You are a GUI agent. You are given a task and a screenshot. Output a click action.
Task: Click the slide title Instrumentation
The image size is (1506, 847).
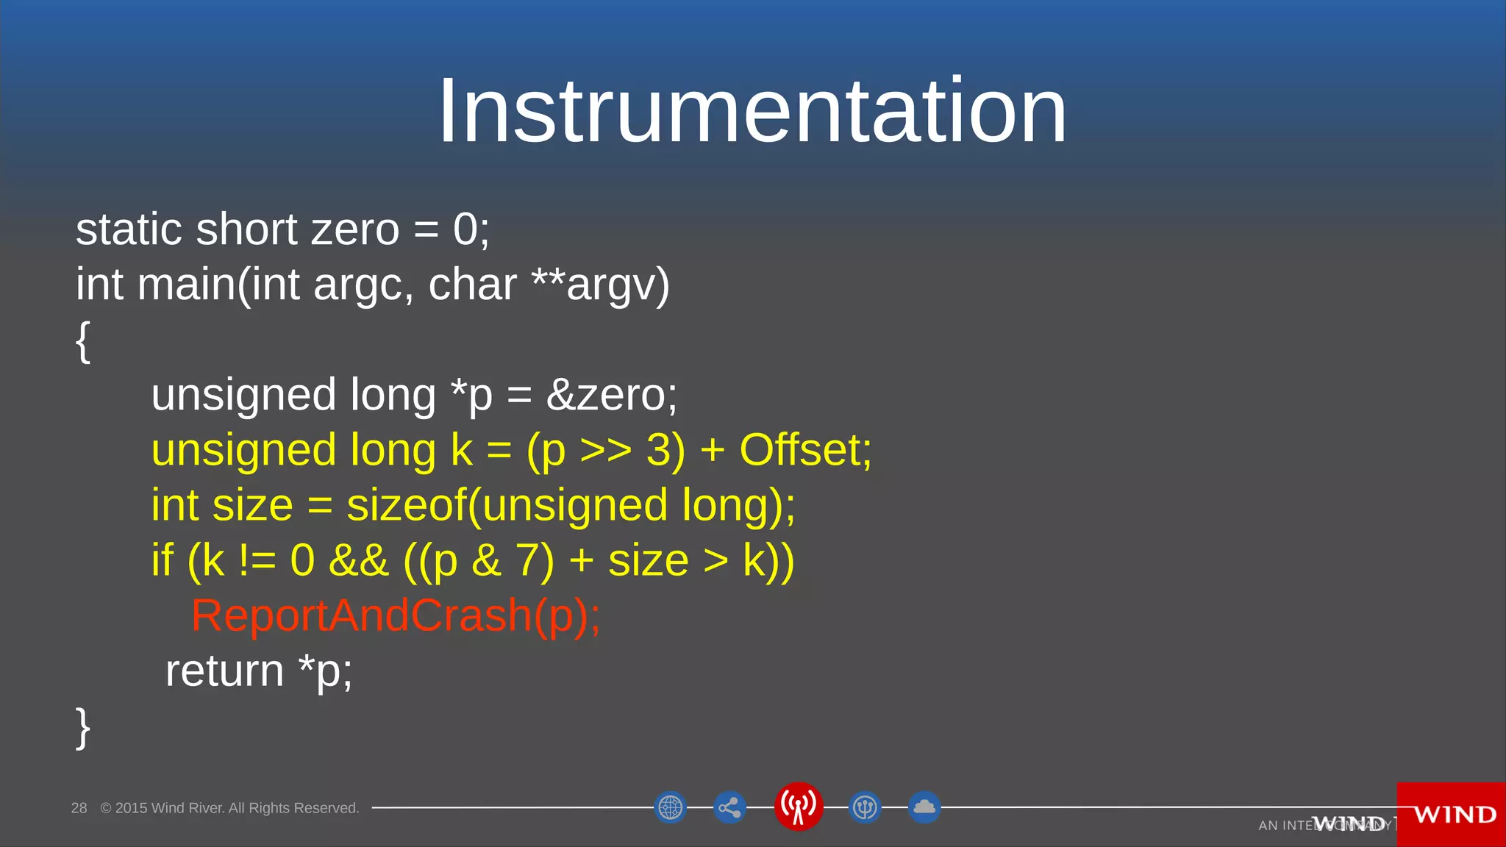point(752,112)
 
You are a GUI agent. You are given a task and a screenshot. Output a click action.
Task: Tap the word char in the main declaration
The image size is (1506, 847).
point(472,285)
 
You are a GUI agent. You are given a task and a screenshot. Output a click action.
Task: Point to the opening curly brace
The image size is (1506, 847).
point(83,341)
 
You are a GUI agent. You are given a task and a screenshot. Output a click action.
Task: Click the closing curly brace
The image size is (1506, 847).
point(83,727)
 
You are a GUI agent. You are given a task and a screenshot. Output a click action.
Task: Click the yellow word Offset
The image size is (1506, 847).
point(804,450)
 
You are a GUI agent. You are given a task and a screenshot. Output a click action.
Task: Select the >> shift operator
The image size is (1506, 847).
point(605,451)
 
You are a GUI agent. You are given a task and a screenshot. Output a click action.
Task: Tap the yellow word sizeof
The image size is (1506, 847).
point(406,506)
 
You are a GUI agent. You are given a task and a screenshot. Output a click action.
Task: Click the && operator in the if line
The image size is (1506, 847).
point(358,561)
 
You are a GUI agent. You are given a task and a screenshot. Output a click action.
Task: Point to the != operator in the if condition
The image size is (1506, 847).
point(257,561)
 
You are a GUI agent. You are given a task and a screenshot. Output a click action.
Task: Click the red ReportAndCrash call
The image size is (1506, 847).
point(396,616)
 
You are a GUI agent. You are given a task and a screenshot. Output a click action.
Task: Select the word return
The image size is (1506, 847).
point(224,671)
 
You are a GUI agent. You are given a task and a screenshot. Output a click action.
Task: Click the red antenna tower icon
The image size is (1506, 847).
point(798,807)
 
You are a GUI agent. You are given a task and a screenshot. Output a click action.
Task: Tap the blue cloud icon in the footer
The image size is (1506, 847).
point(924,807)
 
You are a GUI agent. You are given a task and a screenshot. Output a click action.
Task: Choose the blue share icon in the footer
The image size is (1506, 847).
point(729,808)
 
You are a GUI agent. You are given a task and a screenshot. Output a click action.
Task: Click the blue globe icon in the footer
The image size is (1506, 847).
point(670,808)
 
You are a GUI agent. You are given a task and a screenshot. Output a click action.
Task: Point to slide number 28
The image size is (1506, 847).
point(79,808)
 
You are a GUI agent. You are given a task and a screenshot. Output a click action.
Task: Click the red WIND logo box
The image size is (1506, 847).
point(1452,815)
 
